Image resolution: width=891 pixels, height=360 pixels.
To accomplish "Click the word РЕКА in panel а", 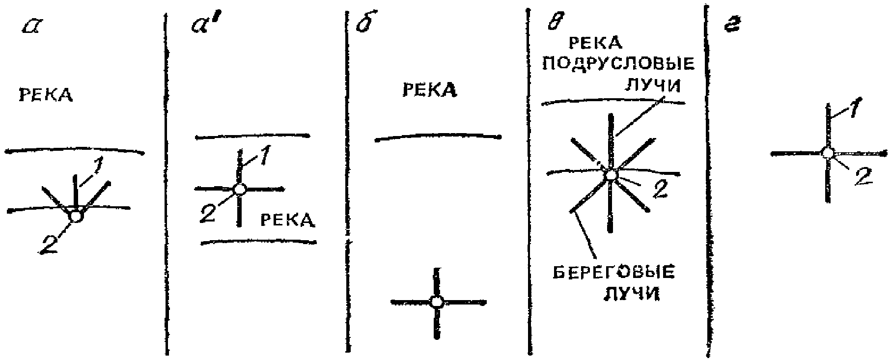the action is click(46, 95).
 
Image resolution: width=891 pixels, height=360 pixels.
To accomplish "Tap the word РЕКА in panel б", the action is click(430, 90).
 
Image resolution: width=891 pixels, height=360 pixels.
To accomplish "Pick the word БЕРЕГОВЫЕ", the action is click(613, 273).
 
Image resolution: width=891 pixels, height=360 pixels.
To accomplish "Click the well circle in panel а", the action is click(76, 216).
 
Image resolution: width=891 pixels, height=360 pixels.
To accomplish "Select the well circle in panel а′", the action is click(240, 189).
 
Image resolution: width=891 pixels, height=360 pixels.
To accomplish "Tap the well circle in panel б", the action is click(437, 302).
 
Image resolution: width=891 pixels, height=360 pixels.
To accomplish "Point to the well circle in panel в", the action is click(611, 174).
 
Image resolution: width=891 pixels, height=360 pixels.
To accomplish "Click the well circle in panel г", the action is click(828, 153).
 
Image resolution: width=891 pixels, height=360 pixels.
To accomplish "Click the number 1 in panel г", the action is click(855, 110).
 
